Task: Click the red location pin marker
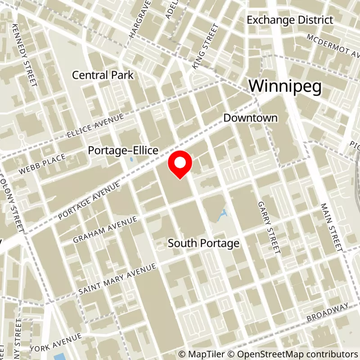click(x=180, y=165)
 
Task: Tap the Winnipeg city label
click(x=285, y=86)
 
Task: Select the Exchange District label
click(x=290, y=20)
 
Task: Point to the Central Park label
click(x=103, y=75)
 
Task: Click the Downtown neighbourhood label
click(x=251, y=118)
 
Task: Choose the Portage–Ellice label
click(x=123, y=151)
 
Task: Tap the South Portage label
click(x=203, y=243)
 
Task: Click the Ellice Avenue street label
click(x=95, y=126)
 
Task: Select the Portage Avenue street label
click(x=90, y=201)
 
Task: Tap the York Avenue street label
click(x=56, y=342)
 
